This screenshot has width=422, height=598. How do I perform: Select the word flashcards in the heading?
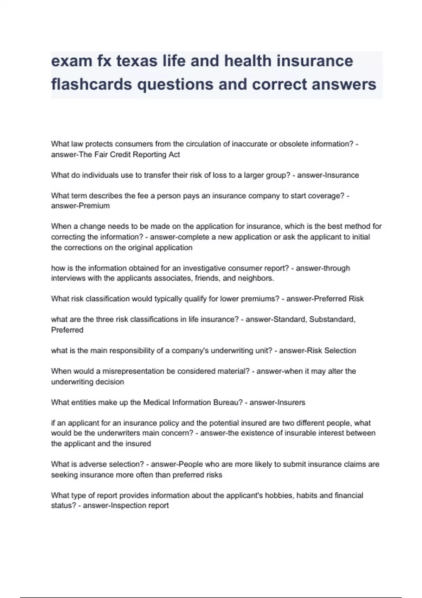pos(91,84)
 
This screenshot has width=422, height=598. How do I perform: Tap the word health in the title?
pos(248,61)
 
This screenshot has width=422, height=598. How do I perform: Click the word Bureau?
pos(227,402)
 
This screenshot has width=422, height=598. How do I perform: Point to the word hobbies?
pos(280,495)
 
